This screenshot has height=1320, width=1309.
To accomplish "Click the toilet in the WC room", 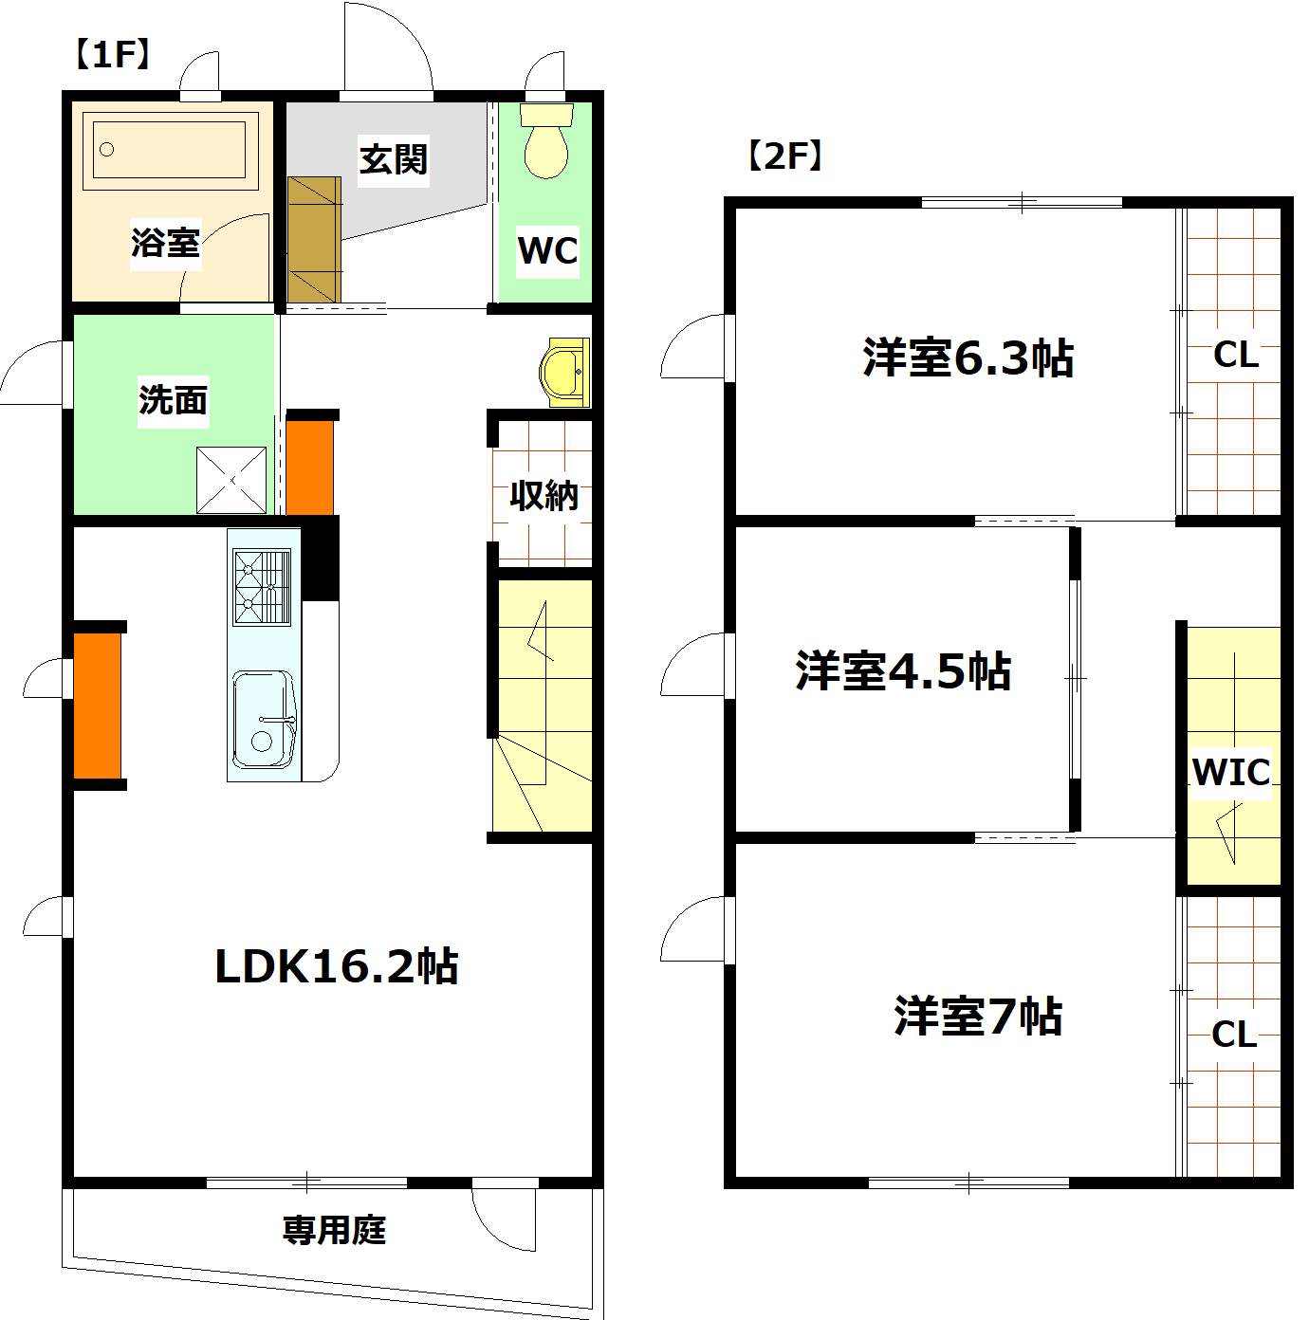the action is click(x=546, y=140).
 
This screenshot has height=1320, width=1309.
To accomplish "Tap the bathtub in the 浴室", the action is click(x=170, y=150).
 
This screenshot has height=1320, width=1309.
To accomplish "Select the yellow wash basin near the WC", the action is click(x=564, y=373).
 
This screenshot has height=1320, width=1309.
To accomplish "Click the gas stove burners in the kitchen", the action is click(x=262, y=588).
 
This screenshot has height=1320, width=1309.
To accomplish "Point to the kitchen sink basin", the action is click(x=264, y=720).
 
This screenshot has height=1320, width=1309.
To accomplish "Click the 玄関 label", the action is click(x=394, y=159).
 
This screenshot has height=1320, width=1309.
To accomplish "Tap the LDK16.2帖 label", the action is click(x=337, y=966).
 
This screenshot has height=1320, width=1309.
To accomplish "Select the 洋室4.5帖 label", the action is click(x=903, y=670).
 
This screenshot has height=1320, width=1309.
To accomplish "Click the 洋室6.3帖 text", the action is click(x=968, y=357).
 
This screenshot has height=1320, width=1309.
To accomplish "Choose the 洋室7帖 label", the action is click(x=978, y=1016).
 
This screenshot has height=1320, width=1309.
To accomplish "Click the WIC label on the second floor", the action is click(x=1231, y=773).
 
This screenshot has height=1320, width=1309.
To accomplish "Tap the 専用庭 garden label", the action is click(x=335, y=1230).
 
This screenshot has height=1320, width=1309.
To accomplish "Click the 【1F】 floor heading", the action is click(x=112, y=54).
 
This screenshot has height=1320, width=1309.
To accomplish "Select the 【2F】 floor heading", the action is click(x=784, y=156).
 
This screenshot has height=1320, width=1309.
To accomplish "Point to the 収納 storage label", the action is click(x=544, y=495).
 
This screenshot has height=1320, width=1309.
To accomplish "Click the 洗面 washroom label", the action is click(x=174, y=400).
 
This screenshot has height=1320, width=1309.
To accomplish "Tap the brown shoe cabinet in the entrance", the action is click(x=315, y=240).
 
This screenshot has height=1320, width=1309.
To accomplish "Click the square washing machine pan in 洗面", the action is click(x=231, y=480).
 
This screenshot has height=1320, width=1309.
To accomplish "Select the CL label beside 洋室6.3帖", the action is click(x=1236, y=355).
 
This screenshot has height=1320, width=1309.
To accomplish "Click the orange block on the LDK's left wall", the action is click(x=98, y=706).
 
